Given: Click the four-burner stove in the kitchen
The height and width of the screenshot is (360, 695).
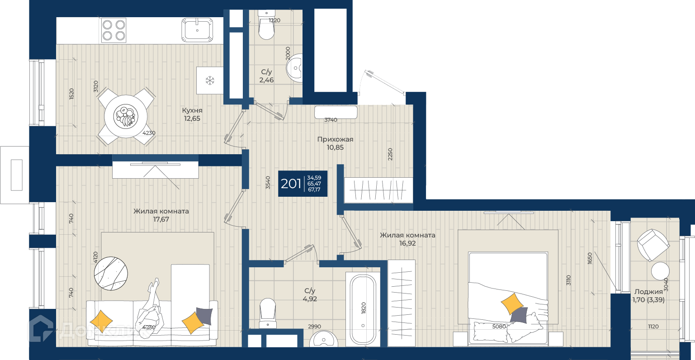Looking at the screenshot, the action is coord(113,30).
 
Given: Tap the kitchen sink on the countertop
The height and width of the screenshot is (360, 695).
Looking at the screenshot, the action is coord(197,30).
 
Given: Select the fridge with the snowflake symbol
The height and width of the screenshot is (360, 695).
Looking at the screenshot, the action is coord(210,81).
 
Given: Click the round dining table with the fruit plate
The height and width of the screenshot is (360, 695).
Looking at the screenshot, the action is coord(126,116).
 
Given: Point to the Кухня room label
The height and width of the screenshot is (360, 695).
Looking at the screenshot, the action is coord(192,110).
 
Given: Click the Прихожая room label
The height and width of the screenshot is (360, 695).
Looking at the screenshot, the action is coord(335,139).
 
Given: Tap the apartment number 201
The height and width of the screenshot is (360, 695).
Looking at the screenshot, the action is coord(291,184).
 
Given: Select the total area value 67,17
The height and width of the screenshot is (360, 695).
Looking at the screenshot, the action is coord(314,189).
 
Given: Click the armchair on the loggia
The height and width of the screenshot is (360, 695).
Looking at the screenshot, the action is coord(652,245).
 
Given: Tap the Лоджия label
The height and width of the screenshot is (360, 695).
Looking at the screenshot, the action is coord(648,292).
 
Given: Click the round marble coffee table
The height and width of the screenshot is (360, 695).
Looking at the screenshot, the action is coord(111,274).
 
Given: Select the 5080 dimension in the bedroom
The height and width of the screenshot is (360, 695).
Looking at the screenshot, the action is coord(499,327).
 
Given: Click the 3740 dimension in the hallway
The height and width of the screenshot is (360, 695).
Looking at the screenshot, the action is coord(331,120).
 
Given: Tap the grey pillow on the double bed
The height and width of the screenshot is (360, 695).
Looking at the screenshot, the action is coord(519,315).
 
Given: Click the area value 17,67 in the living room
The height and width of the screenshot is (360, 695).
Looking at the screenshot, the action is coord(161,219).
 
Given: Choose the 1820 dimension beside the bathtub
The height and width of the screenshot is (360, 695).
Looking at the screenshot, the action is coord(364,308).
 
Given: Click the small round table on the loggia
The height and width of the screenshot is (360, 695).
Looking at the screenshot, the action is coord(660,271).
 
